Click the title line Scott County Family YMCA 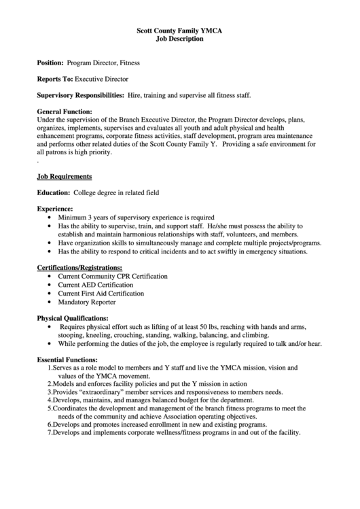tap(179, 31)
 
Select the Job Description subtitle tap(179, 39)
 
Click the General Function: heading tap(65, 111)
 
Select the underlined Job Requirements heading tap(65, 176)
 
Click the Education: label tap(53, 193)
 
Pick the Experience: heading tap(55, 209)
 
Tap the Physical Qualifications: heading tap(72, 318)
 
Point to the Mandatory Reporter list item tap(86, 302)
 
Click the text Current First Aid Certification tap(101, 293)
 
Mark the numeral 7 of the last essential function tap(50, 433)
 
